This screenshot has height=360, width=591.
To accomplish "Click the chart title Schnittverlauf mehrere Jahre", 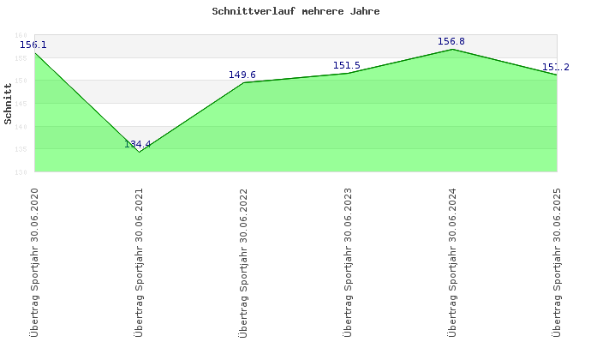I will click(x=295, y=12).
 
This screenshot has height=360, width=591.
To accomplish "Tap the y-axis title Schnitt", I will click(x=9, y=111).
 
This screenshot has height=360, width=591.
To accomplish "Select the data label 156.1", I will click(x=33, y=45).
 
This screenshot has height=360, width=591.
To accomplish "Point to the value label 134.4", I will click(x=137, y=144).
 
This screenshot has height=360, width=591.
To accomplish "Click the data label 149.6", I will click(x=242, y=75).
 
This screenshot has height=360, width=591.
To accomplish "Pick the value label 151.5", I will click(x=347, y=65).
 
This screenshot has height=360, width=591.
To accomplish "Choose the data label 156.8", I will click(x=451, y=41).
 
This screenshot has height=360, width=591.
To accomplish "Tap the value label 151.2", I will click(x=555, y=67).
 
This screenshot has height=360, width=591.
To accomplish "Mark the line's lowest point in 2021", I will click(x=139, y=152).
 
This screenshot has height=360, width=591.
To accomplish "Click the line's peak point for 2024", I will click(x=452, y=49).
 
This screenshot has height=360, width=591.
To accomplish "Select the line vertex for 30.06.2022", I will click(x=243, y=82).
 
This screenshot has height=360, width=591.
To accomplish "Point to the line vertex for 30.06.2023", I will click(x=348, y=73).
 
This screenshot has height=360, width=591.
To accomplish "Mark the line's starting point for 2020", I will click(x=34, y=52).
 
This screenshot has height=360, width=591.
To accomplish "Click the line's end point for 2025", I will click(x=557, y=75).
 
